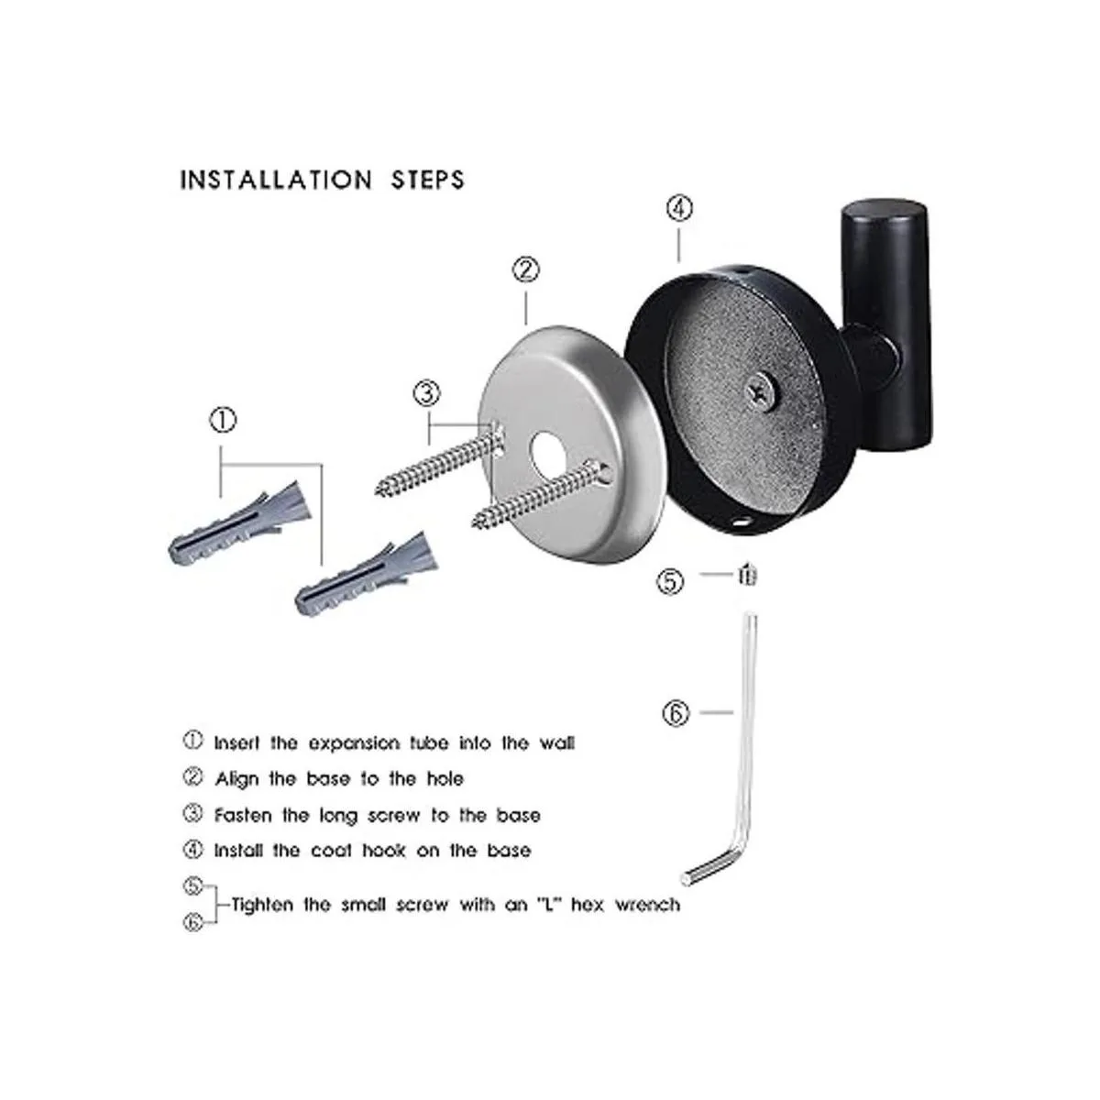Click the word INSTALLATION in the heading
point(276,181)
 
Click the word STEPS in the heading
point(427,181)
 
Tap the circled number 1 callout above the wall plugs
point(223,420)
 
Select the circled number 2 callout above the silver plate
point(526,269)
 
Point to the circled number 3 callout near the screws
point(427,393)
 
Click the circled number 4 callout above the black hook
point(679,208)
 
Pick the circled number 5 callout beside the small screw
point(670,582)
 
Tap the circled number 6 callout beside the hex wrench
point(676,713)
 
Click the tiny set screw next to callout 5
point(747,574)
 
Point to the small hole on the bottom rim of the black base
point(742,521)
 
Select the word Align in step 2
point(236,780)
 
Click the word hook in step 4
point(383,851)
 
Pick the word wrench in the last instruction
point(647,905)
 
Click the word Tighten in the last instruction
point(262,906)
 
